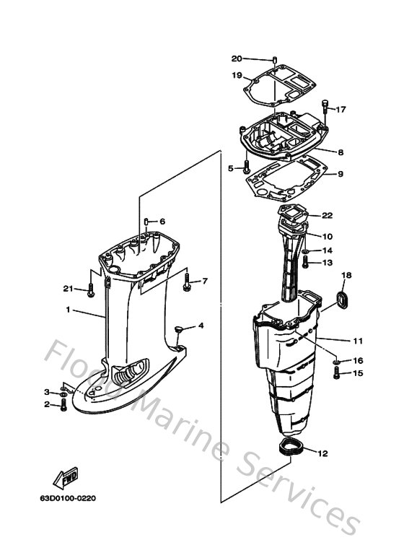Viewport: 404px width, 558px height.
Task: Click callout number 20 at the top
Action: (x=237, y=58)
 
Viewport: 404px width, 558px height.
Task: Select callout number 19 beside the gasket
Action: (x=237, y=75)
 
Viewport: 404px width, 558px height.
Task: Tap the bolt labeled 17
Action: (x=325, y=105)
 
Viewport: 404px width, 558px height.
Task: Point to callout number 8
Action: (x=340, y=152)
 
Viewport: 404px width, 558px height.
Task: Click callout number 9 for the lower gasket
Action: (x=340, y=174)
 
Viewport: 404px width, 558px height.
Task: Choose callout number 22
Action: (x=327, y=215)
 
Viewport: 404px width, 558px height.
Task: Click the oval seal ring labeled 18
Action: (x=343, y=300)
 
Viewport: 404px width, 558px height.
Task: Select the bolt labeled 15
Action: (x=336, y=372)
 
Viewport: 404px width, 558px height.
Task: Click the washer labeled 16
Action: (x=336, y=359)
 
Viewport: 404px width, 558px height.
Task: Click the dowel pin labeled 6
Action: (x=146, y=221)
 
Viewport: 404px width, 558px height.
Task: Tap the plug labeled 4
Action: (x=177, y=329)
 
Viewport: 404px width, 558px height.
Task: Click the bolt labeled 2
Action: (x=63, y=405)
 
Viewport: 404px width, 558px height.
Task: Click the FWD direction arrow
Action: (x=65, y=476)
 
